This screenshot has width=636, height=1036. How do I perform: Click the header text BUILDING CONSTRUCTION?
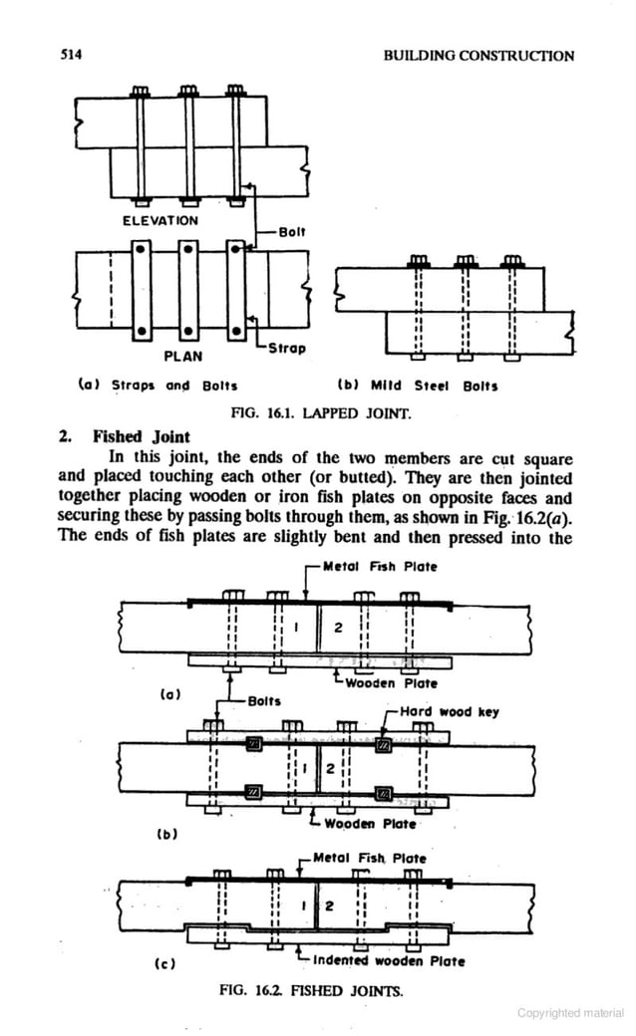[x=478, y=56]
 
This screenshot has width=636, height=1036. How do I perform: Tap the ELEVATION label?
[x=160, y=220]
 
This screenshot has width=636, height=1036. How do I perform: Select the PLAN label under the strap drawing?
[x=183, y=355]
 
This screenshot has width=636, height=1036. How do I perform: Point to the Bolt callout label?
[x=291, y=231]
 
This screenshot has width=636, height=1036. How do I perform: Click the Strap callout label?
[x=287, y=349]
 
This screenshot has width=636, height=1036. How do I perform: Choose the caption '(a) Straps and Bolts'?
[x=158, y=384]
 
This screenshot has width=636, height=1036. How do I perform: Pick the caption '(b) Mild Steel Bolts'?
[x=419, y=385]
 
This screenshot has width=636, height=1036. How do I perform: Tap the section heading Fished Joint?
[x=136, y=436]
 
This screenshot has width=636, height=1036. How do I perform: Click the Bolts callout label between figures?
[x=264, y=701]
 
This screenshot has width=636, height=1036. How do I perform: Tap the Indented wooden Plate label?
[x=389, y=961]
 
